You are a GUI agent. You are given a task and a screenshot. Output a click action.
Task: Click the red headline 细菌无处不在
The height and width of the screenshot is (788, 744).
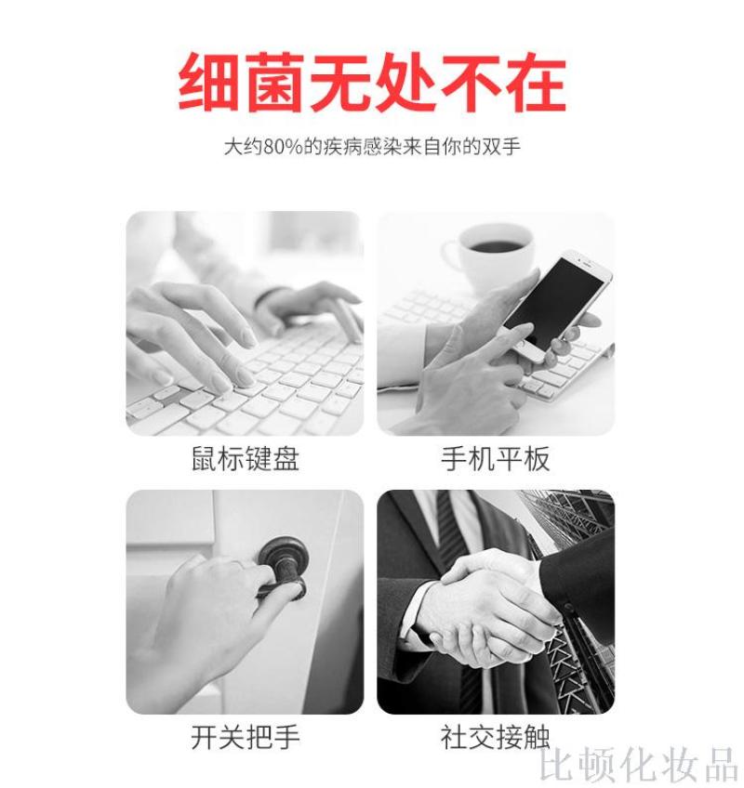pyautogui.click(x=372, y=82)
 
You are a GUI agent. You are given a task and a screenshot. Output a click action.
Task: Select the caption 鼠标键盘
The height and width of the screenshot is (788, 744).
pyautogui.click(x=246, y=459)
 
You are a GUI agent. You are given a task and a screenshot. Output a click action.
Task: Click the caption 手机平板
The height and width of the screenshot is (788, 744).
pyautogui.click(x=496, y=459)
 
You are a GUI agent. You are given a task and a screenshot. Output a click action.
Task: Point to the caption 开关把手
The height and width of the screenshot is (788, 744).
pyautogui.click(x=246, y=737)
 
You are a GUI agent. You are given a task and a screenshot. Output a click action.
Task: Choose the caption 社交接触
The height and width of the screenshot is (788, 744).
pyautogui.click(x=496, y=737)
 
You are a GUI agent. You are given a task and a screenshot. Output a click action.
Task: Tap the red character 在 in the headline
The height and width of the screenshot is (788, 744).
pyautogui.click(x=537, y=82)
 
